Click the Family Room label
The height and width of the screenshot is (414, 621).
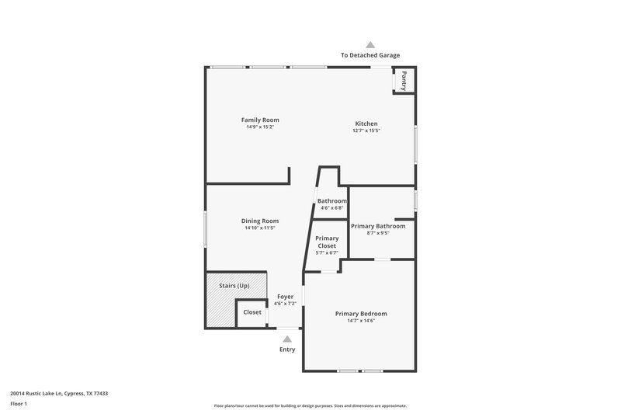point(260,120)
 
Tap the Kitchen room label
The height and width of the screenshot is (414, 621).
point(366,124)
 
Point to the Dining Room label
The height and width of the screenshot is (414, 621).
point(260,221)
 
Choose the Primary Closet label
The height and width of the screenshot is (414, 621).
point(327,242)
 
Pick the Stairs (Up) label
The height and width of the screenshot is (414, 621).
point(234,286)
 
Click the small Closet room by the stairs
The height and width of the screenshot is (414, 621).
point(252,312)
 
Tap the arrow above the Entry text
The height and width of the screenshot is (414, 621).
point(287,339)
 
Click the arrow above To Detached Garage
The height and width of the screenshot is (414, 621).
point(370,45)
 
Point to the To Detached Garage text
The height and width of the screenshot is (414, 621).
point(370,55)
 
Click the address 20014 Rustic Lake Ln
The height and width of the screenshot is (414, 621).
point(59,394)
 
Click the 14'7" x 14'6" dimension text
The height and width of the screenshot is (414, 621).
point(361,320)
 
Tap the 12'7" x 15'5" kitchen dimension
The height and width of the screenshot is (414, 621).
point(366,130)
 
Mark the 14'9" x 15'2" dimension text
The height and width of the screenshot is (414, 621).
point(260,127)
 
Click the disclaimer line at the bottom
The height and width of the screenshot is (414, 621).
point(310,405)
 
